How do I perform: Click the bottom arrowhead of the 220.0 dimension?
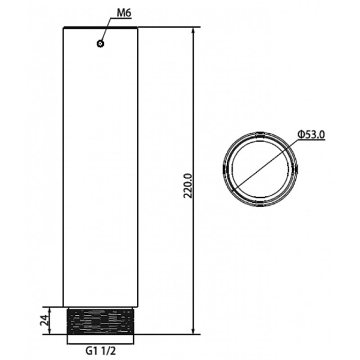(193, 331)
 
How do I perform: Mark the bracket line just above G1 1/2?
(101, 341)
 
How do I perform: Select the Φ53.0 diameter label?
(311, 135)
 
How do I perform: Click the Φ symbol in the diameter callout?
(300, 135)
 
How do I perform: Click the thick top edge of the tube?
(101, 28)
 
